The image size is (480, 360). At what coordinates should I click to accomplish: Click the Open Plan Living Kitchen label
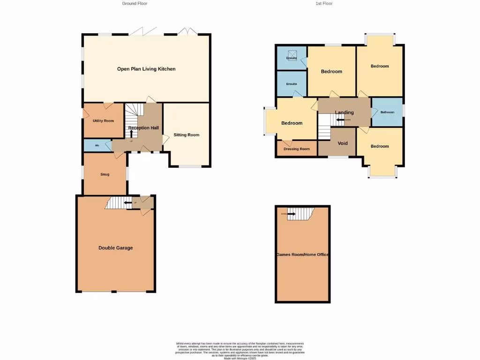pyautogui.click(x=146, y=69)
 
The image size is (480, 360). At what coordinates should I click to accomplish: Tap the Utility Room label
pyautogui.click(x=103, y=121)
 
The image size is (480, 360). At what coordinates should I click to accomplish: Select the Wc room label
pyautogui.click(x=97, y=146)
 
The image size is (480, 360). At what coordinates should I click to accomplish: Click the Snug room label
pyautogui.click(x=105, y=174)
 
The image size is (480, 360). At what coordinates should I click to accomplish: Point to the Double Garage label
pyautogui.click(x=115, y=247)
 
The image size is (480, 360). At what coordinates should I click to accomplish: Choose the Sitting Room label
pyautogui.click(x=186, y=135)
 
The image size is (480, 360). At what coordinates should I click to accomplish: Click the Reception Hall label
pyautogui.click(x=143, y=128)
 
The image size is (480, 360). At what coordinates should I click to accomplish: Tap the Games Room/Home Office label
pyautogui.click(x=302, y=255)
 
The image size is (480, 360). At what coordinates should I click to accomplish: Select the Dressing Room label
pyautogui.click(x=296, y=149)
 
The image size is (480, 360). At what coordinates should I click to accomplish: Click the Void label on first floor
pyautogui.click(x=343, y=143)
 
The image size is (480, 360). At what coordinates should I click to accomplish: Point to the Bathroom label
pyautogui.click(x=387, y=112)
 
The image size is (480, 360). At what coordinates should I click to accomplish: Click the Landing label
pyautogui.click(x=344, y=112)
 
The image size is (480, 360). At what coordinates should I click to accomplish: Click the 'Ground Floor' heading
pyautogui.click(x=135, y=3)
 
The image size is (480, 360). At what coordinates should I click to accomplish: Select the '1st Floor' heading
pyautogui.click(x=324, y=3)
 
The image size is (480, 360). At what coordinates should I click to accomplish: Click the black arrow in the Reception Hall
pyautogui.click(x=131, y=134)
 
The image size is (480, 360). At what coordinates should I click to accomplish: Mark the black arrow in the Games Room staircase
pyautogui.click(x=291, y=214)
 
